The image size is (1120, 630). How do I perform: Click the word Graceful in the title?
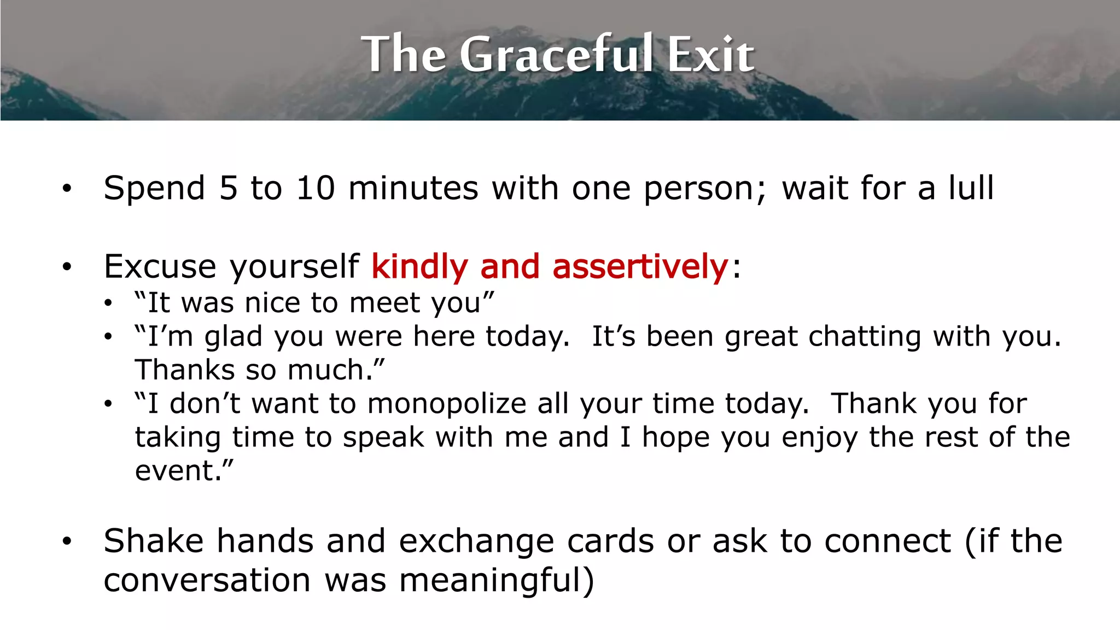coord(556,54)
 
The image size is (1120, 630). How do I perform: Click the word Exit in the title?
coord(710,54)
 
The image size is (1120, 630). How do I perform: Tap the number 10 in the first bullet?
coord(315,188)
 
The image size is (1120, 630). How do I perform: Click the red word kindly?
coord(419,267)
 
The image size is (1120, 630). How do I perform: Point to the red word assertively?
coord(640,267)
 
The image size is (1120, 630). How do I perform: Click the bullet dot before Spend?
coord(67,189)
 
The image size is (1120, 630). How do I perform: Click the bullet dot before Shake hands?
coord(67,541)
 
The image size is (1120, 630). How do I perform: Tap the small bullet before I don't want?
coord(108,405)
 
